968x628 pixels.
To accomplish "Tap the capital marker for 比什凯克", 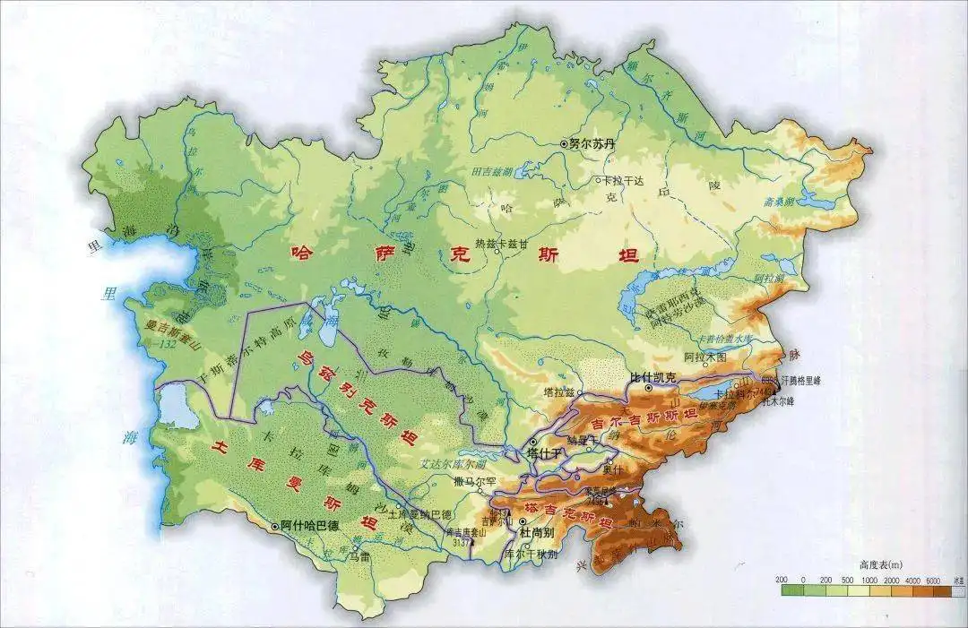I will (x=647, y=388).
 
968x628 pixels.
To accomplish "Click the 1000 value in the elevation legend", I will (x=867, y=580).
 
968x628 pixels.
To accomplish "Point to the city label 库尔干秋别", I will (x=532, y=554).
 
